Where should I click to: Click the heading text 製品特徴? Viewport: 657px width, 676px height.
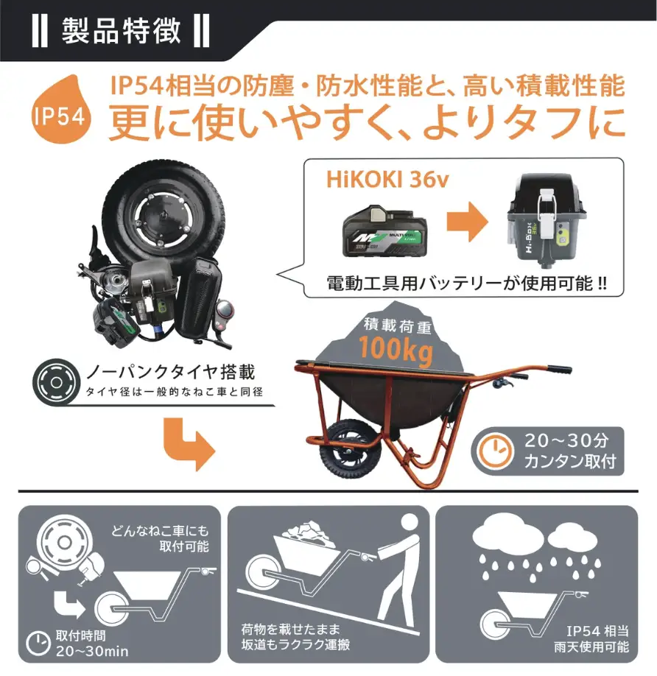tap(121, 31)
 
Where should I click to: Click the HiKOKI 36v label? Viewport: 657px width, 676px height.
tap(387, 180)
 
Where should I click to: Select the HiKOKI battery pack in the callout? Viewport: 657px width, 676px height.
tap(384, 231)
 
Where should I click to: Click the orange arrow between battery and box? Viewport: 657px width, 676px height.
tap(467, 222)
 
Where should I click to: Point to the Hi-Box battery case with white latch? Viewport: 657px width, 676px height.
tap(545, 221)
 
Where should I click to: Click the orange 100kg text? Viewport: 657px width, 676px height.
tap(396, 350)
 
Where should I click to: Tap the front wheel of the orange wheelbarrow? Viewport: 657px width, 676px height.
tap(349, 448)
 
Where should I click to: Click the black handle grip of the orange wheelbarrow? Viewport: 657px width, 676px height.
tap(559, 370)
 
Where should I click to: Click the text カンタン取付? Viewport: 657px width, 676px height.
tap(570, 462)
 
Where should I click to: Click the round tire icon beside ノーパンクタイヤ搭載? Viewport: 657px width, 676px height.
tap(56, 382)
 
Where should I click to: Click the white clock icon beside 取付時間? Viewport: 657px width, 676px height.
tap(38, 644)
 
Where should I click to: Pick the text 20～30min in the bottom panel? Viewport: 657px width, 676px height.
tap(92, 651)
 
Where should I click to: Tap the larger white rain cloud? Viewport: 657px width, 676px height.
tap(507, 534)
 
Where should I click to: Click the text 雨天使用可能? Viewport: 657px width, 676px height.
tap(591, 647)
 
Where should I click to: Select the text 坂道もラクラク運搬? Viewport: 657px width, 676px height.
tap(296, 644)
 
